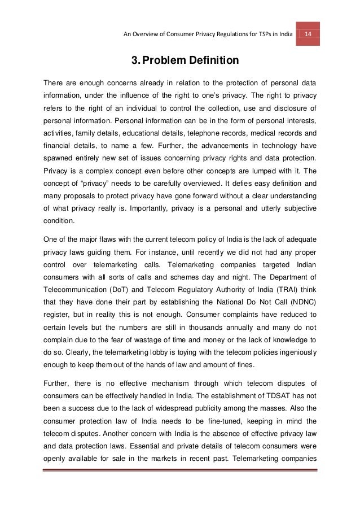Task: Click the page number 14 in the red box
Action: point(309,33)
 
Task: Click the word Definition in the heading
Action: point(211,59)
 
